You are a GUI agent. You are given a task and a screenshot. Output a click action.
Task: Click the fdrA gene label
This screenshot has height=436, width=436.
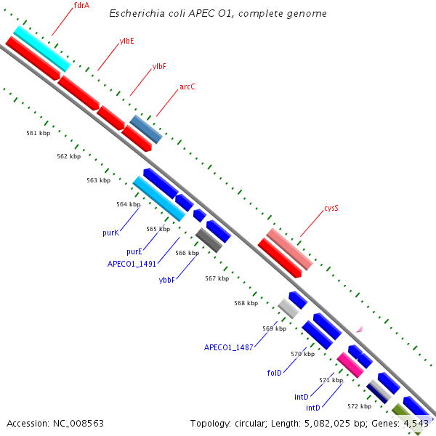[81, 5]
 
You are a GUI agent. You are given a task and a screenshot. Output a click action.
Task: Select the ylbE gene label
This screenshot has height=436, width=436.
[126, 41]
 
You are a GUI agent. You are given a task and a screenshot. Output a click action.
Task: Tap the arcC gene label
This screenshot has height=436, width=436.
[187, 86]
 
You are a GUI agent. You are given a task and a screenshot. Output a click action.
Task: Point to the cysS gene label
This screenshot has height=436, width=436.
[331, 208]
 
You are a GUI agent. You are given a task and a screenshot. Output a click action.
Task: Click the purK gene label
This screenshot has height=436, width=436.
[111, 233]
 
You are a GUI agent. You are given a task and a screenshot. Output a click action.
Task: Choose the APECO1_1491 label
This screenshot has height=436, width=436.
[132, 264]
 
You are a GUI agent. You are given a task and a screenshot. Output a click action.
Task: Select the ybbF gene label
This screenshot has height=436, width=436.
[167, 280]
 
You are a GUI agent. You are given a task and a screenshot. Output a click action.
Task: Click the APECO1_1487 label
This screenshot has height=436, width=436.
[229, 347]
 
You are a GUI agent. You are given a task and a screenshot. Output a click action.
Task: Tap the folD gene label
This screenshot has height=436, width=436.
[274, 373]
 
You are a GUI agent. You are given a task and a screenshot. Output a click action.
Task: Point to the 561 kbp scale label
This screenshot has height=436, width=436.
[39, 133]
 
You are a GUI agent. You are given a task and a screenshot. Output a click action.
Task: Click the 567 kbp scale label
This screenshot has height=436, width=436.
[217, 278]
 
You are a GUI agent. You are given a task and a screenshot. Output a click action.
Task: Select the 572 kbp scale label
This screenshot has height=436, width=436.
[360, 406]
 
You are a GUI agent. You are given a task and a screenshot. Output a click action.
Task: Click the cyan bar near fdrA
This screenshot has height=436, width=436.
[42, 49]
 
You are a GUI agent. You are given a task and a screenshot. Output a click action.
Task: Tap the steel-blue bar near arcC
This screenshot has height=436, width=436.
[146, 129]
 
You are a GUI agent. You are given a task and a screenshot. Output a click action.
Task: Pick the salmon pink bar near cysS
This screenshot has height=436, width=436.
[290, 249]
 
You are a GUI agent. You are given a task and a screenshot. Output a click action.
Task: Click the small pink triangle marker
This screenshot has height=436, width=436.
[360, 329]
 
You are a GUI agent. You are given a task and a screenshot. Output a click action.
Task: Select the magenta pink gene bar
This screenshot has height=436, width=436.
[350, 365]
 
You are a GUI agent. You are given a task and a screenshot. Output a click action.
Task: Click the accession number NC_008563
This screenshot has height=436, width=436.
[78, 424]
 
